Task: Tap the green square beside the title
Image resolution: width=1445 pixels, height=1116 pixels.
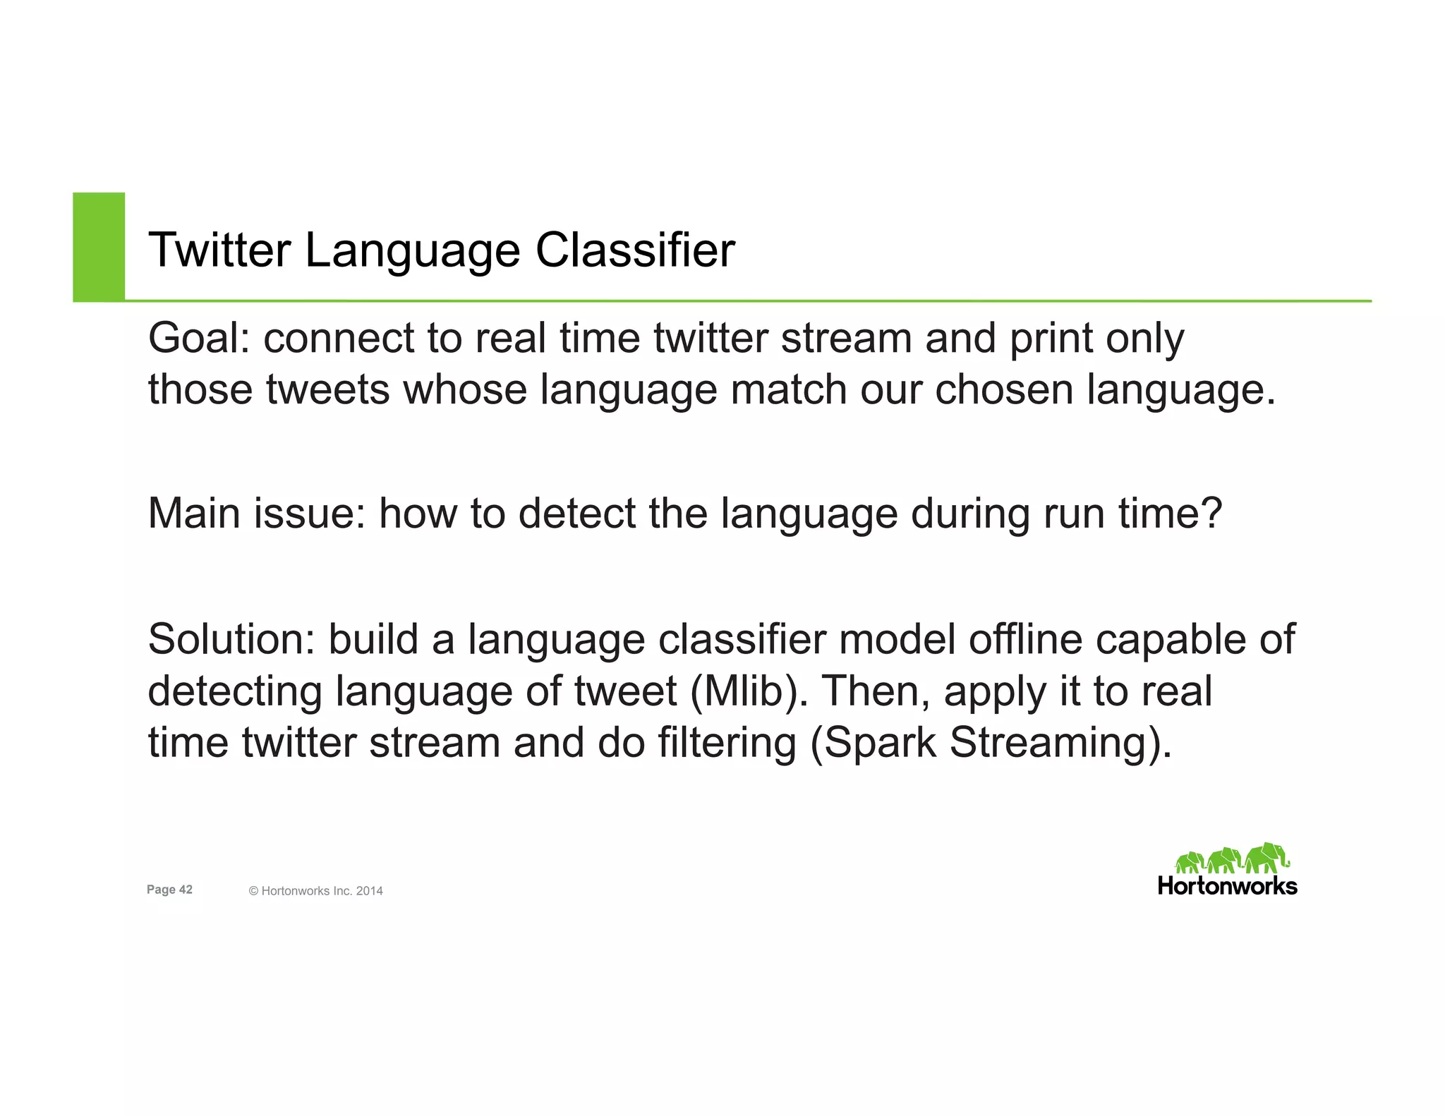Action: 99,246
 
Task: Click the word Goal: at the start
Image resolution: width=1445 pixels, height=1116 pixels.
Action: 199,339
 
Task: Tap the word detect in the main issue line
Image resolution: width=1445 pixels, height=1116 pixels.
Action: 576,514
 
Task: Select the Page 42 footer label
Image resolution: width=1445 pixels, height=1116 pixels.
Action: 169,890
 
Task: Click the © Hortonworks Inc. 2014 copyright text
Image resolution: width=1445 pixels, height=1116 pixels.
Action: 315,891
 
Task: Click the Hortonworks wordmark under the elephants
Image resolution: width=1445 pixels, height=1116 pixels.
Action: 1227,886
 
